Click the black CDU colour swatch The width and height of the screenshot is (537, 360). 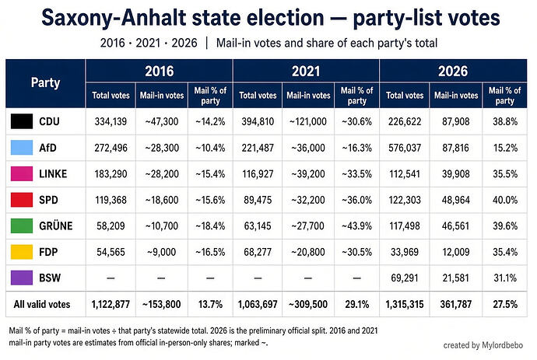(22, 121)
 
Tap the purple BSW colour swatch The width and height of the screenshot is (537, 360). (22, 278)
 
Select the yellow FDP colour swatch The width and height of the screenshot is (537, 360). (22, 252)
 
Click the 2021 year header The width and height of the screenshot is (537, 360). (306, 72)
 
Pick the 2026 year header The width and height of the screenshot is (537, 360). (453, 72)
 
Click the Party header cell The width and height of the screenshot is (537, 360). (45, 82)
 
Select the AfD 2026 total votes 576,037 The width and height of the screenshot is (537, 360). (405, 148)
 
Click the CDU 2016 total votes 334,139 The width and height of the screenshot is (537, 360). (111, 121)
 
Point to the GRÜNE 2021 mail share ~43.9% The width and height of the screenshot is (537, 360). (356, 225)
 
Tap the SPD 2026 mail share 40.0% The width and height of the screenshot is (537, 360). (505, 200)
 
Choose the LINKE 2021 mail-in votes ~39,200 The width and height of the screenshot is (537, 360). (308, 174)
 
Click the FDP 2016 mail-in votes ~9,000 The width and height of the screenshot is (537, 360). (161, 252)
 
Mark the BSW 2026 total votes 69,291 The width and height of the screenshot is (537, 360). (405, 278)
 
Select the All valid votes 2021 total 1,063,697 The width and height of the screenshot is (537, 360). (258, 304)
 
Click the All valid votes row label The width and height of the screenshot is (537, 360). (42, 304)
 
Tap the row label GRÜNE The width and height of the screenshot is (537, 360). (56, 225)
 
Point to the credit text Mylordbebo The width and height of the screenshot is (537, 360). (503, 345)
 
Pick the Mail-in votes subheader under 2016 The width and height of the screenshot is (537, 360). (162, 95)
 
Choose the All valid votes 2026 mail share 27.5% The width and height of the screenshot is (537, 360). (505, 304)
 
